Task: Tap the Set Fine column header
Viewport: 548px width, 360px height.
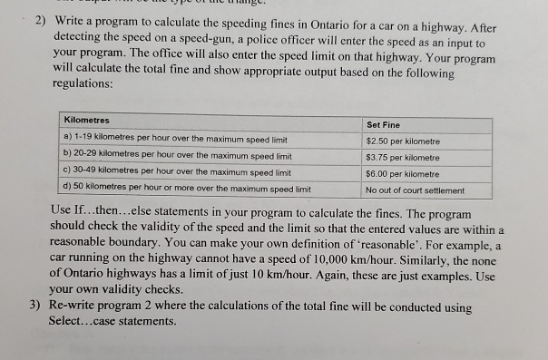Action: pyautogui.click(x=383, y=123)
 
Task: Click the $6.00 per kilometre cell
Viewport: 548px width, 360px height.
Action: pyautogui.click(x=402, y=173)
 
